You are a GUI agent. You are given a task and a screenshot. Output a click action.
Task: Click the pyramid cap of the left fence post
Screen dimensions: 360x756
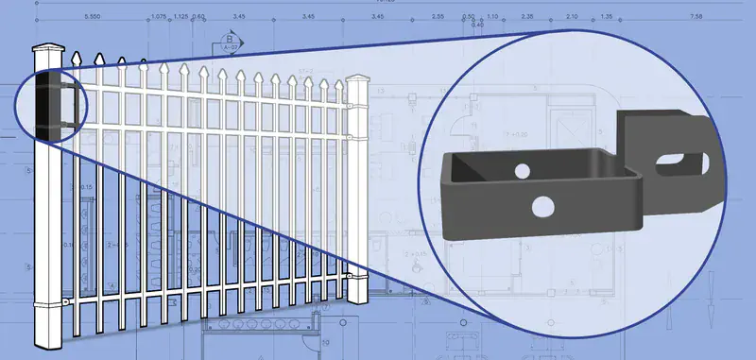46,48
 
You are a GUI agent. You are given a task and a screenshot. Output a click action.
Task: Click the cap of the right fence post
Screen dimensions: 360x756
357,79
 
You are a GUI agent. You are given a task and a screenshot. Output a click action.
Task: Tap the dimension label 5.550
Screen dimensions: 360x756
93,17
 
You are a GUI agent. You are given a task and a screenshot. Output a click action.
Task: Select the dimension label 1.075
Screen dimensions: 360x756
158,17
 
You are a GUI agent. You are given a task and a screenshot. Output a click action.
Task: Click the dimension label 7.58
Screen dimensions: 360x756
696,17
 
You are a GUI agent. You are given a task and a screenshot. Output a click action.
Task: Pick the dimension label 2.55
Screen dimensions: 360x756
437,17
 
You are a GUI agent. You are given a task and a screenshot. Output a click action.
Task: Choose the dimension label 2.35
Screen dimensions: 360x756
527,17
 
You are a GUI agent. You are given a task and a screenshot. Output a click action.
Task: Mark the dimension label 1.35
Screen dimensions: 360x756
606,17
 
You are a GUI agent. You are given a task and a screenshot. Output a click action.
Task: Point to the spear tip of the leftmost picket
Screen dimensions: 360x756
75,58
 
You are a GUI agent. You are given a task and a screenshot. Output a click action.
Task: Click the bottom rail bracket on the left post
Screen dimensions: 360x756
63,301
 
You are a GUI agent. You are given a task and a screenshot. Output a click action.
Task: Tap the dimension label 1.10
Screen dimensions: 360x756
492,17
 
